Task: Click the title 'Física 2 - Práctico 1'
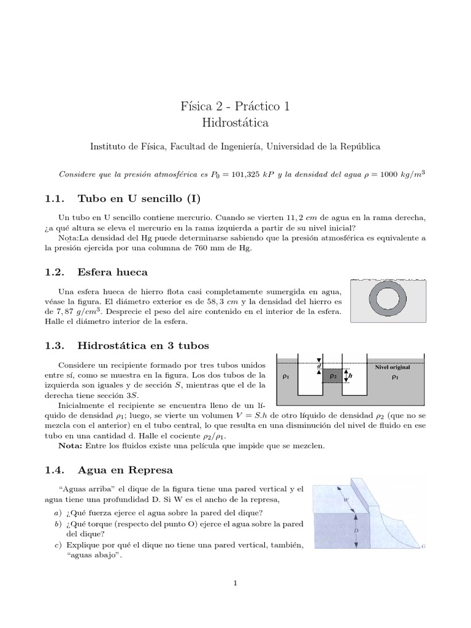(x=235, y=106)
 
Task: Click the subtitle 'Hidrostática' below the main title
(x=235, y=123)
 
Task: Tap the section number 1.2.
(x=55, y=272)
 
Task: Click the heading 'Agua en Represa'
(x=126, y=470)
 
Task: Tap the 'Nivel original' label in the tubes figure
(x=392, y=366)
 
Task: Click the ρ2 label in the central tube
(x=333, y=376)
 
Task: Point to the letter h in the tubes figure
(x=350, y=376)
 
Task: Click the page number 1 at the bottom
(x=235, y=583)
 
